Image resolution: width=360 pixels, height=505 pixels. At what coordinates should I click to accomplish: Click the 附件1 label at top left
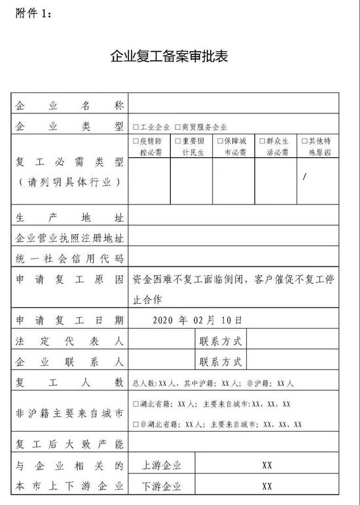[32, 11]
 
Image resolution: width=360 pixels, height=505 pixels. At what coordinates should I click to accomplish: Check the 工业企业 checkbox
[135, 127]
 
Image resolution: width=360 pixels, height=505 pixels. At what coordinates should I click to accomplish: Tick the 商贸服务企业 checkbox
[177, 127]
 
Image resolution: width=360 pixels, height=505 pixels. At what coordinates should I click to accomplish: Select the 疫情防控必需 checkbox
[135, 141]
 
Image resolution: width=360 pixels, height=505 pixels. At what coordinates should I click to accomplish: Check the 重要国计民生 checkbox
[177, 141]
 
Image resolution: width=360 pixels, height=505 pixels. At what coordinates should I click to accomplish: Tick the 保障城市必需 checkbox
[219, 141]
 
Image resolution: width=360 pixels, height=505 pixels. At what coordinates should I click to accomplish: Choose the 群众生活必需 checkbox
[262, 141]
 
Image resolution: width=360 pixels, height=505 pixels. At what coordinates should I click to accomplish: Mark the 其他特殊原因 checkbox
[304, 141]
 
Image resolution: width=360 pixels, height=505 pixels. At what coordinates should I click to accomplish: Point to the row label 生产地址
[69, 216]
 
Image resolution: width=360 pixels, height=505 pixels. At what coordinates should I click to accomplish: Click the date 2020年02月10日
[197, 320]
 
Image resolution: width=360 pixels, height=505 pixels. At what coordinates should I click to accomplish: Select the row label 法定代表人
[69, 341]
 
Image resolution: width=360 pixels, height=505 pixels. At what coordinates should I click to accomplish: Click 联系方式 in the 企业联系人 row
[221, 362]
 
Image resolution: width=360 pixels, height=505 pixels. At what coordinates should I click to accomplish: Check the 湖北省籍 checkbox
[135, 404]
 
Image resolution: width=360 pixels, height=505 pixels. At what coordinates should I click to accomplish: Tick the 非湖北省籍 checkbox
[135, 424]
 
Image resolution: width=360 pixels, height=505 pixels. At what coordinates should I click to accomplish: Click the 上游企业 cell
[161, 466]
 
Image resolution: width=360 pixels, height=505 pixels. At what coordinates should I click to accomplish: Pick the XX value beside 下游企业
[267, 487]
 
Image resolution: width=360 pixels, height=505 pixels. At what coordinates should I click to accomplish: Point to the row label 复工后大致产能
[69, 445]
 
